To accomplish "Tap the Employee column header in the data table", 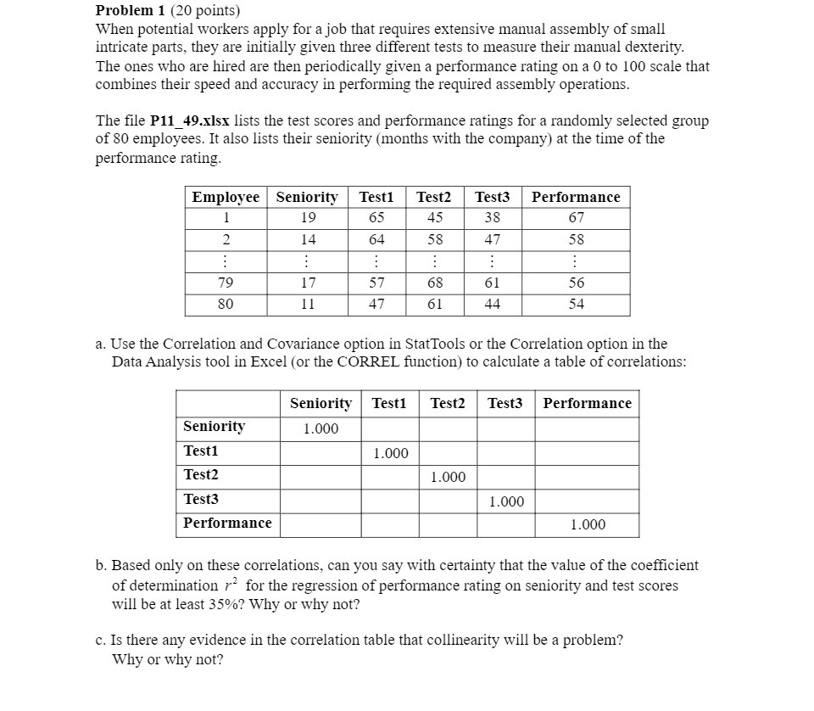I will coord(226,197).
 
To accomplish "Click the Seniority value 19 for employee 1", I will coord(308,218).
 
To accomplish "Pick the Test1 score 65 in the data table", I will coord(376,218).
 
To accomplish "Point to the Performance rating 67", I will coord(576,218).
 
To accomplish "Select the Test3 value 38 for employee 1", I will coord(492,218).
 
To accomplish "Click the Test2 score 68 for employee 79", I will coord(434,283).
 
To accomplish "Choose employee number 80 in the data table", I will coord(226,304).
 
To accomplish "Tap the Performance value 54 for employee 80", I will coord(576,304).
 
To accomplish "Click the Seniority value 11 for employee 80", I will coord(308,304).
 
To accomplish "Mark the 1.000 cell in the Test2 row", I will coord(448,478).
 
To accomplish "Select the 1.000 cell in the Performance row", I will coord(587,525).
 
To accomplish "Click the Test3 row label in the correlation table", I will coord(201,499).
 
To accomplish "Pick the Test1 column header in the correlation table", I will coord(389,403).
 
